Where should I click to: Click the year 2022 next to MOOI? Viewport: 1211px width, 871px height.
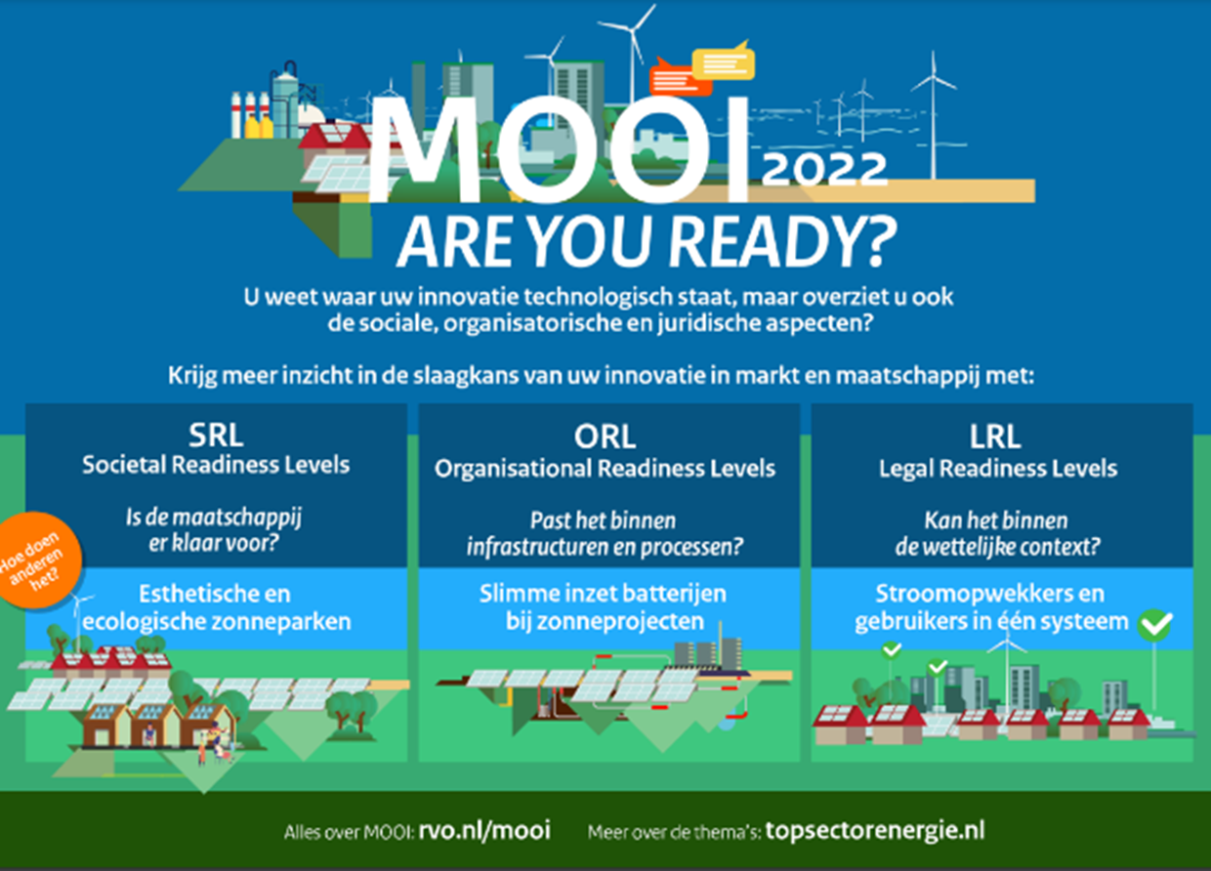coord(824,169)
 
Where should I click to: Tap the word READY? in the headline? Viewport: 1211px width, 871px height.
coord(783,242)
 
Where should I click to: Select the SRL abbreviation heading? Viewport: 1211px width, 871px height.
coord(216,435)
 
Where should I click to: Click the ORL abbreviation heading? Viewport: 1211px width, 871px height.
coord(605,436)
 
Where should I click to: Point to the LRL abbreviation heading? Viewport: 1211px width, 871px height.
coord(995,436)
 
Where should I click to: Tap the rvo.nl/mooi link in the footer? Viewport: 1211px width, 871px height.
coord(484,830)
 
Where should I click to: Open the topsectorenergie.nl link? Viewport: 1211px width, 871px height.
coord(875,831)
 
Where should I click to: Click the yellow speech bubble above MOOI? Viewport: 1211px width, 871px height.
coord(723,62)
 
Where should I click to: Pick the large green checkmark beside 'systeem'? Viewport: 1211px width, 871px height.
coord(1154,626)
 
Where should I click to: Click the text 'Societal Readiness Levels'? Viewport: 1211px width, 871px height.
coord(216,465)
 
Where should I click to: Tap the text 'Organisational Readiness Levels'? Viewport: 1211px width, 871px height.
coord(605,469)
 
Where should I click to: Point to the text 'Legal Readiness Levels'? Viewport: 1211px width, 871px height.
coord(998,469)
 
